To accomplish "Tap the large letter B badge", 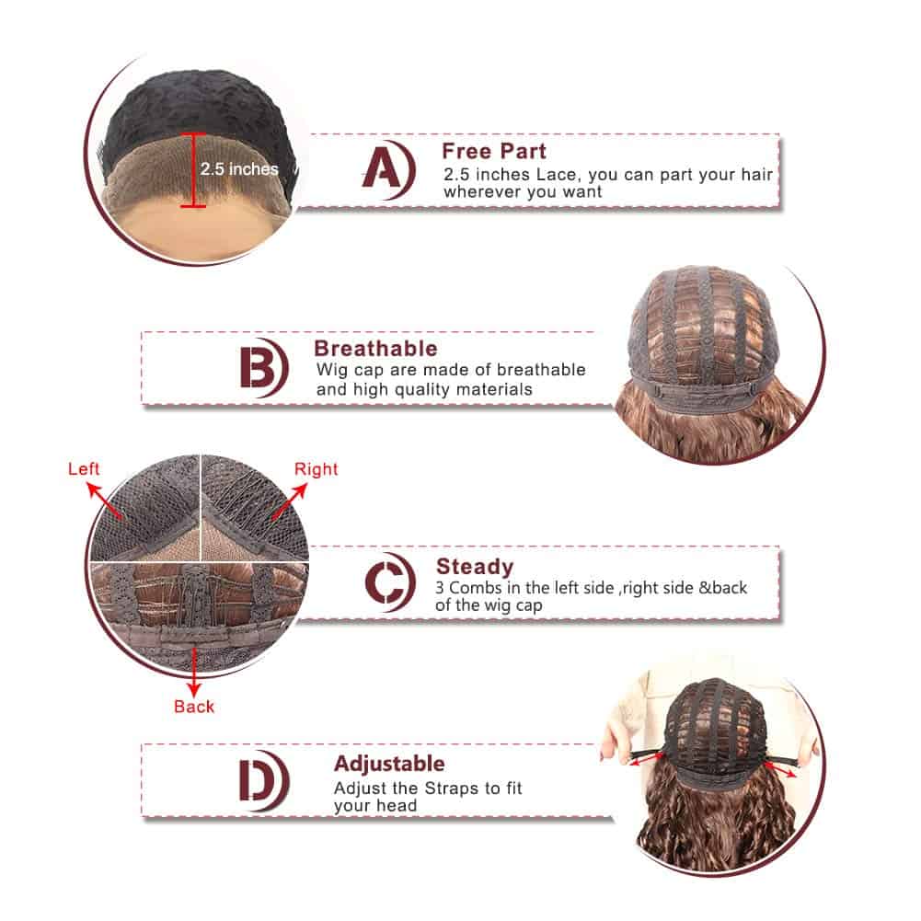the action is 262,368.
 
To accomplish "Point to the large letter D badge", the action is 262,780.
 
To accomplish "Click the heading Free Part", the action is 494,152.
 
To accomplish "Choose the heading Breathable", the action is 376,349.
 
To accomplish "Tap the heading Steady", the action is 475,567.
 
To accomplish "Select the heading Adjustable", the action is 389,764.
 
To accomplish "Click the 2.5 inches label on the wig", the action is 239,169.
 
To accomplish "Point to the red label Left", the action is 84,468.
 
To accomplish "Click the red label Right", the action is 316,469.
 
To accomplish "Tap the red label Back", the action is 194,706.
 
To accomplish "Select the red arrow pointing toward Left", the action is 105,501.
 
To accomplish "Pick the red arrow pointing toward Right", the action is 290,501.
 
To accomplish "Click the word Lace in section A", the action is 558,175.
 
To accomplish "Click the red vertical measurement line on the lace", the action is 193,170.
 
